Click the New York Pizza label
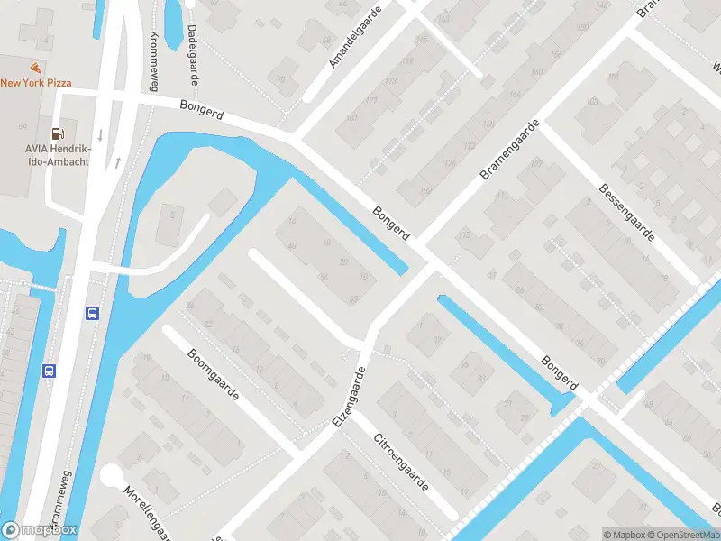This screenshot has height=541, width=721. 36,83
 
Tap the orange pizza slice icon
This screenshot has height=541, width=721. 35,68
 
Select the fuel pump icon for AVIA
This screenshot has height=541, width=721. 58,133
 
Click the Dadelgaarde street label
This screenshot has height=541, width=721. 193,50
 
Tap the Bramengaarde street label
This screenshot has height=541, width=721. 510,149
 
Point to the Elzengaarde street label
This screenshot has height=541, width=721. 351,397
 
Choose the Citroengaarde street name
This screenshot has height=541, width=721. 402,462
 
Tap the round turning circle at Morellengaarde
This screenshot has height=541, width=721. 112,475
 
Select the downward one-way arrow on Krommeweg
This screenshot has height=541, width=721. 100,135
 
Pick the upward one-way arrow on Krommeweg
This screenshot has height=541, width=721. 117,163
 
